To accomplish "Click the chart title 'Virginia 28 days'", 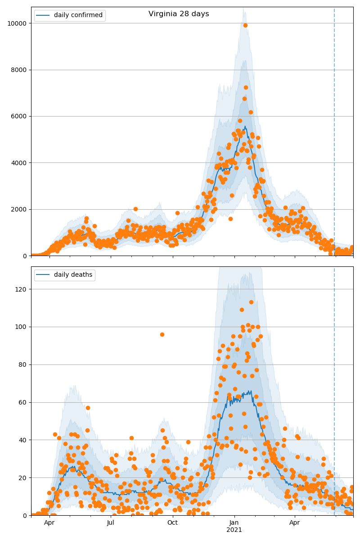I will (x=179, y=14).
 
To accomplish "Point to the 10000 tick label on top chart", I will (x=16, y=23).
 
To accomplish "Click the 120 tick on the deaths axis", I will (x=20, y=289).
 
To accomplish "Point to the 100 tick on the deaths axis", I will (x=20, y=327).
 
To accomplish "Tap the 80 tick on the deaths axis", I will (x=22, y=364).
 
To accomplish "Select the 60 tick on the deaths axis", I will (x=22, y=402).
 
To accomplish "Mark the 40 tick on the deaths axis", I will (x=22, y=440).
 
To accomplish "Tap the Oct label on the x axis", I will (x=172, y=523).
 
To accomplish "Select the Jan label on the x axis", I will (x=234, y=523).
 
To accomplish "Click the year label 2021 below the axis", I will (x=234, y=530).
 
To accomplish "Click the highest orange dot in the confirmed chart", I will (x=245, y=25).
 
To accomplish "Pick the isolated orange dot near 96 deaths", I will (x=162, y=334).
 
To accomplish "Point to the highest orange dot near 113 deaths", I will (x=251, y=302).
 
